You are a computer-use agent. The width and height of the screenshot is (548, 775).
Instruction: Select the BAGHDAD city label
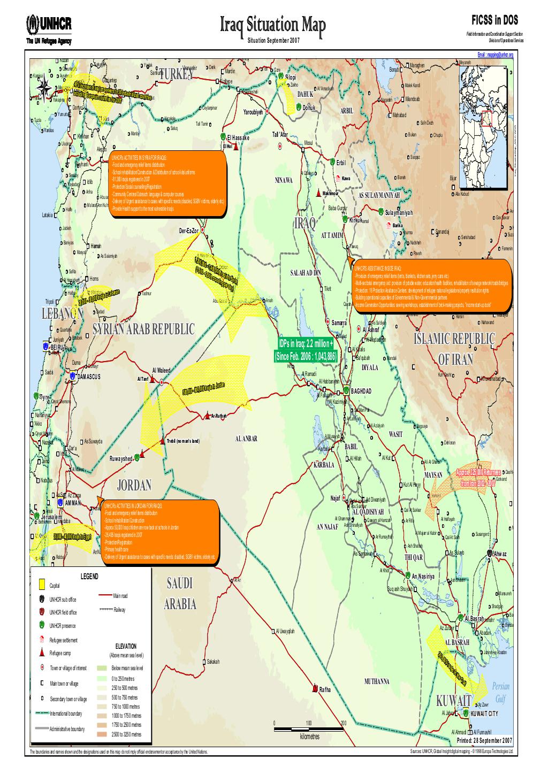(x=361, y=391)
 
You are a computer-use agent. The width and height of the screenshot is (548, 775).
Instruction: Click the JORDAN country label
(x=134, y=485)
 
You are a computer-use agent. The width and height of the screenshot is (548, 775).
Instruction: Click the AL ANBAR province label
(x=246, y=439)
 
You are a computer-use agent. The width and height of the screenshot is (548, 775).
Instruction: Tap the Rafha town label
(x=325, y=689)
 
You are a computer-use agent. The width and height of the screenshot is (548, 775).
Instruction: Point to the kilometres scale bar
(x=308, y=728)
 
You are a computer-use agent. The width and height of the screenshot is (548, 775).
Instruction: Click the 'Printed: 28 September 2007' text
(x=484, y=741)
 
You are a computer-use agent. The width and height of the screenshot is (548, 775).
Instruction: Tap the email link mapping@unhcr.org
(x=495, y=55)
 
